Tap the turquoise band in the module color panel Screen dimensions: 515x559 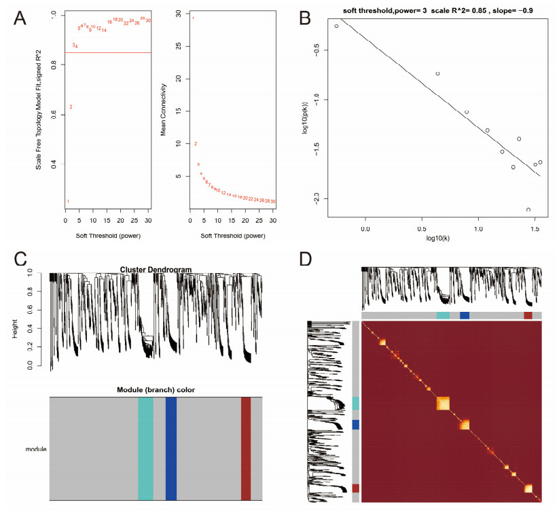[x=145, y=449]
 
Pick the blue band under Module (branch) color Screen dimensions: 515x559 [x=171, y=449]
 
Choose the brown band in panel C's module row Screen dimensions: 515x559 [x=246, y=449]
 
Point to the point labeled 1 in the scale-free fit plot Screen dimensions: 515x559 [x=68, y=201]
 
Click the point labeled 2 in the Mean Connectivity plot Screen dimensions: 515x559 [x=196, y=144]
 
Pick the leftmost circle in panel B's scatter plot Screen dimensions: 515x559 [x=337, y=26]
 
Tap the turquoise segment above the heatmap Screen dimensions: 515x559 [x=443, y=315]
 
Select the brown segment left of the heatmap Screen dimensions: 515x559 [x=356, y=488]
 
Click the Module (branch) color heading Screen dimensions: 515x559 [x=156, y=389]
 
